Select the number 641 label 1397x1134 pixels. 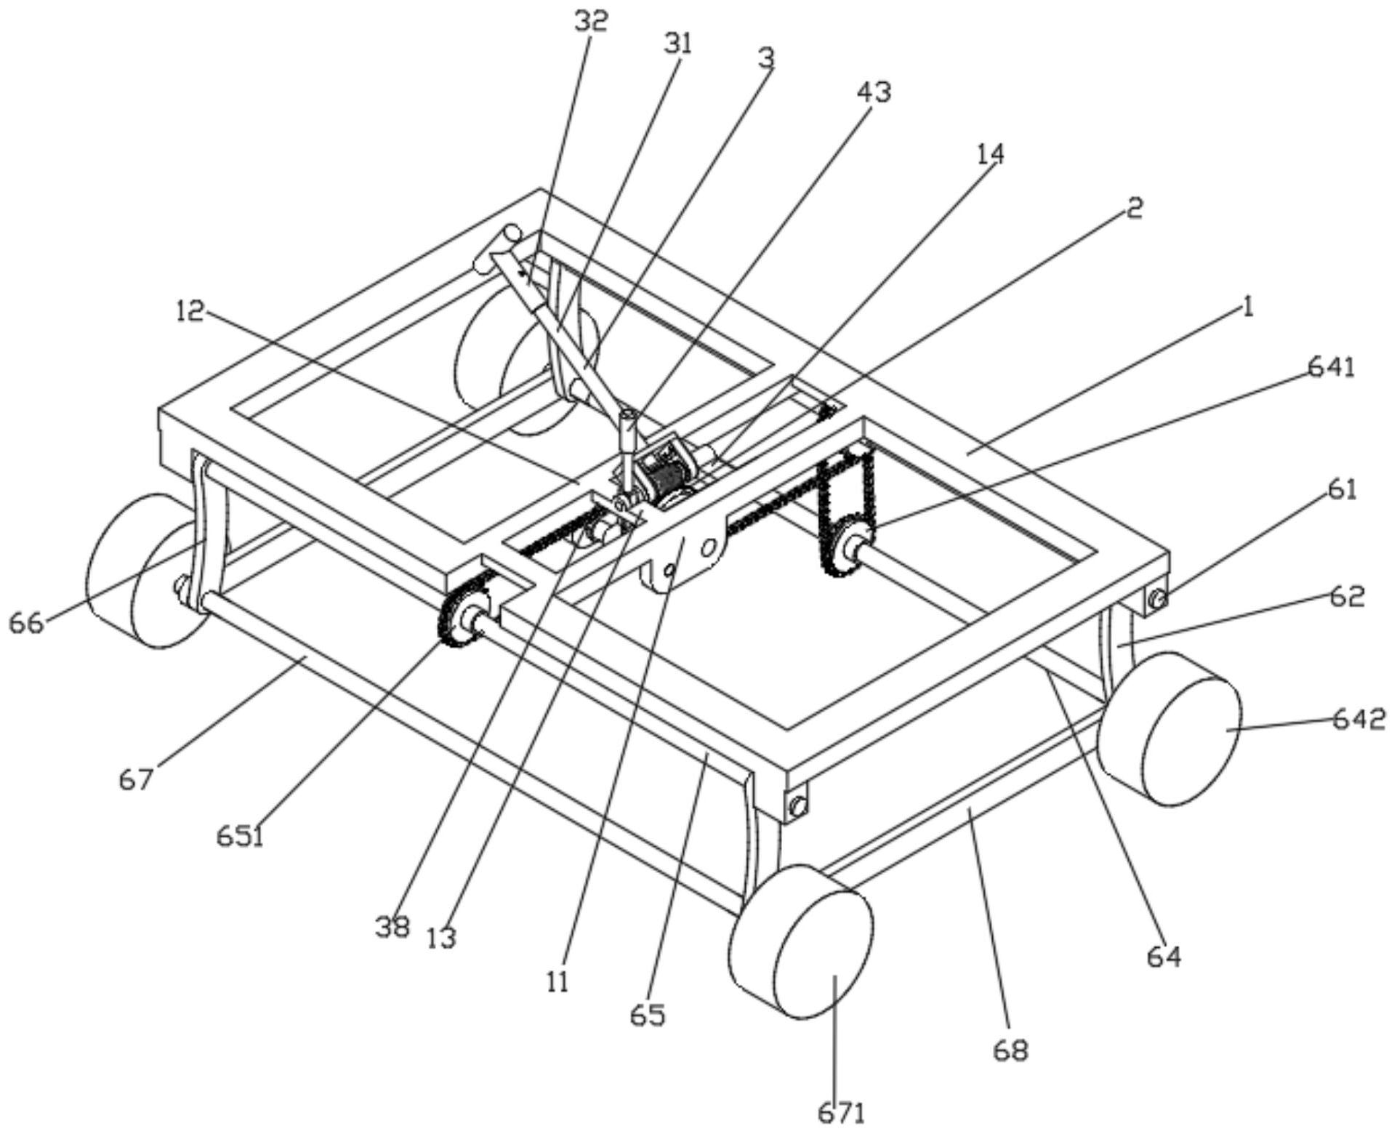pyautogui.click(x=1332, y=368)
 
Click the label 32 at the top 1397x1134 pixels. pyautogui.click(x=590, y=22)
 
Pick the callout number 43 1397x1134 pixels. pyautogui.click(x=874, y=92)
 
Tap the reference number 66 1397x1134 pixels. pyautogui.click(x=26, y=623)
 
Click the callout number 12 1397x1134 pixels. pyautogui.click(x=190, y=312)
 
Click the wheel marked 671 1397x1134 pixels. pyautogui.click(x=801, y=942)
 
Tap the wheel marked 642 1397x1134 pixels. pyautogui.click(x=1169, y=728)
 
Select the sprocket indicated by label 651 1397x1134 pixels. pyautogui.click(x=463, y=619)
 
